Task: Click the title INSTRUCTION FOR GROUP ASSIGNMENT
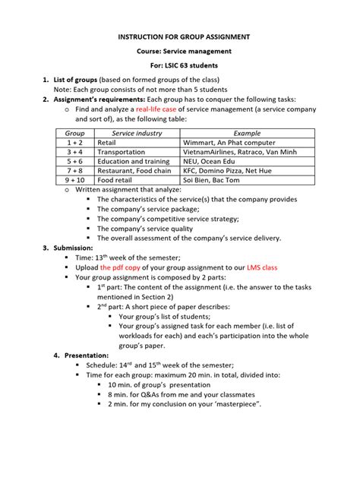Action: coord(179,36)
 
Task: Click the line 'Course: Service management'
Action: coord(179,51)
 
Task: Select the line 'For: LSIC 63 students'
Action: coord(179,66)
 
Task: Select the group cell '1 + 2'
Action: coord(74,142)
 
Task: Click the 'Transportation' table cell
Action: coord(121,151)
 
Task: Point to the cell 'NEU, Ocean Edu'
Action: coord(210,161)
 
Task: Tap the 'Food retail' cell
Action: coord(115,181)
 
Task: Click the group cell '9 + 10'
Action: coord(74,181)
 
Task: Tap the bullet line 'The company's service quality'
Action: coord(148,228)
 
